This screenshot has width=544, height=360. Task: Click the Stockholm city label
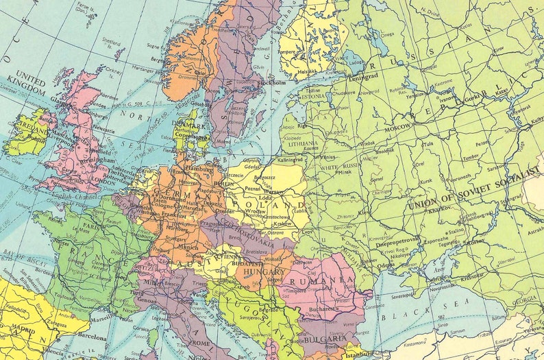[x=272, y=83]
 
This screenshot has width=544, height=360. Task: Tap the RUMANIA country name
[x=319, y=281]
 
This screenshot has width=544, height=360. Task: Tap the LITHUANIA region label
[x=306, y=141]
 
